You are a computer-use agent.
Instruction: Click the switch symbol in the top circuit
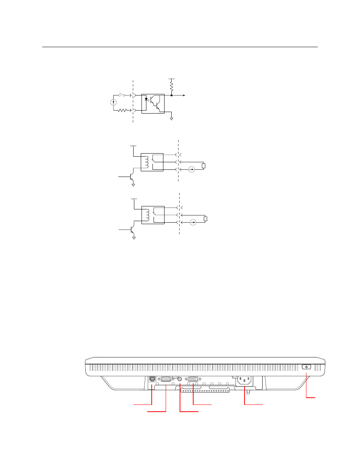pyautogui.click(x=122, y=95)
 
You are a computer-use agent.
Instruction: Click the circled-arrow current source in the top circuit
pyautogui.click(x=113, y=102)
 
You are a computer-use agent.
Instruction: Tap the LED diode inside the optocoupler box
pyautogui.click(x=146, y=99)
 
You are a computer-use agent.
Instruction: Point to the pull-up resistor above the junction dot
pyautogui.click(x=171, y=86)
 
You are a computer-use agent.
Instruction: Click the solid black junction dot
pyautogui.click(x=171, y=95)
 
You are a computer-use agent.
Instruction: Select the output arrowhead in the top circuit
pyautogui.click(x=184, y=95)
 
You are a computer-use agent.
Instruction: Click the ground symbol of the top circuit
pyautogui.click(x=172, y=119)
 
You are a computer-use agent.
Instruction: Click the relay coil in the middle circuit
pyautogui.click(x=146, y=162)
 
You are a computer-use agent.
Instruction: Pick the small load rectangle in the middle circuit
pyautogui.click(x=204, y=166)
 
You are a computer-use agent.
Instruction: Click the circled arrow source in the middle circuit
pyautogui.click(x=192, y=169)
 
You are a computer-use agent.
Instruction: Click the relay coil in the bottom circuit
pyautogui.click(x=146, y=215)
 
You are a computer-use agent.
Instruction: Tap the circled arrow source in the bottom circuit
pyautogui.click(x=193, y=222)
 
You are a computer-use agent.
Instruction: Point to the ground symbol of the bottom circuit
pyautogui.click(x=134, y=238)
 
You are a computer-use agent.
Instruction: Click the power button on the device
pyautogui.click(x=306, y=367)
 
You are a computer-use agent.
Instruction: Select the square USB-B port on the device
pyautogui.click(x=152, y=378)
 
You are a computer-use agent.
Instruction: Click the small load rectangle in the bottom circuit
pyautogui.click(x=205, y=218)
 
